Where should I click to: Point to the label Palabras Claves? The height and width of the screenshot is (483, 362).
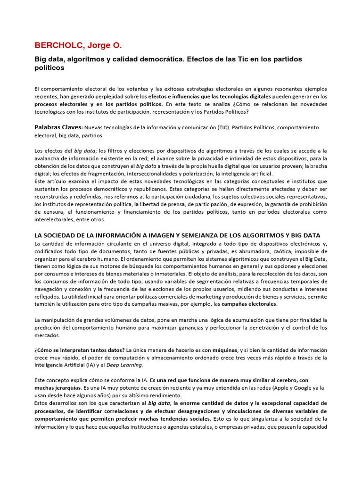pos(58,127)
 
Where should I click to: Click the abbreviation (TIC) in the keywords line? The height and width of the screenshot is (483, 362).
pos(226,128)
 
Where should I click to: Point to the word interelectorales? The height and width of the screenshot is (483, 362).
pos(53,219)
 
